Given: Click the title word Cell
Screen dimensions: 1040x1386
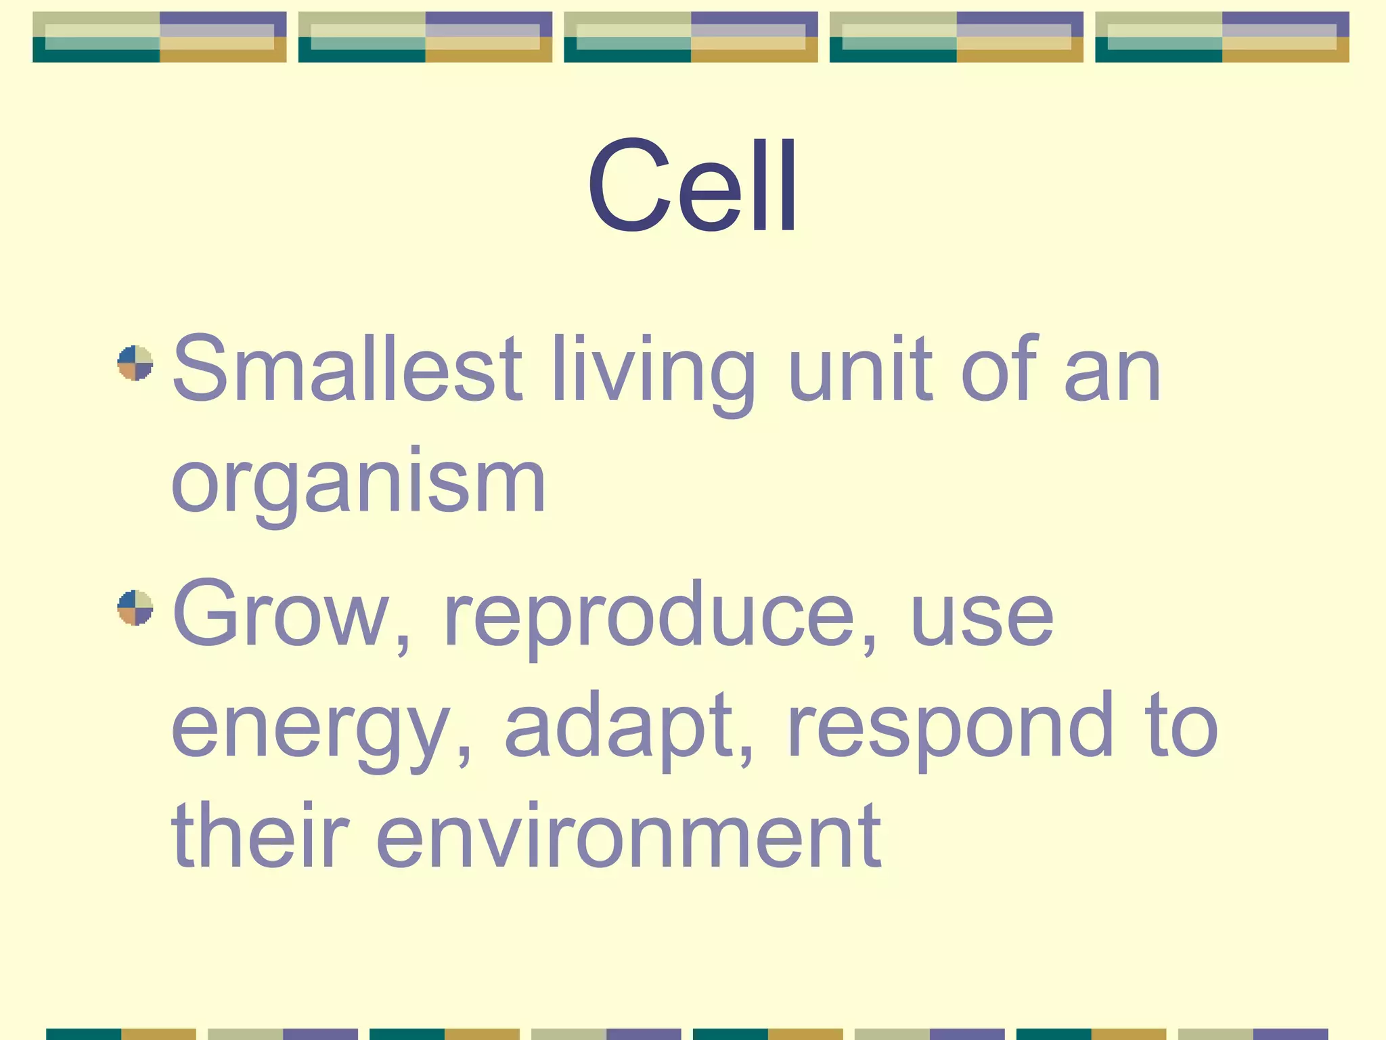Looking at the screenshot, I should click(x=692, y=184).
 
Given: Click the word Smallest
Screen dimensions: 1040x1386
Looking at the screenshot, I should click(x=347, y=370).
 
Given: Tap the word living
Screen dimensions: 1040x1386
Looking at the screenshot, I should click(x=653, y=374).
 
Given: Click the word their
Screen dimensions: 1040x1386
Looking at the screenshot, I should click(x=261, y=836).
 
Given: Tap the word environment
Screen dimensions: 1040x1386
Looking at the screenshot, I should click(x=629, y=837).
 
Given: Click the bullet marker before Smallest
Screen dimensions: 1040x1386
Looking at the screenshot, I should click(x=135, y=364).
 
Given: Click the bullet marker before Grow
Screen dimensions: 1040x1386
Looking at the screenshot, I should click(x=135, y=608).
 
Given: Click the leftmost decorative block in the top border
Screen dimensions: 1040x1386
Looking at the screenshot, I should click(x=160, y=37).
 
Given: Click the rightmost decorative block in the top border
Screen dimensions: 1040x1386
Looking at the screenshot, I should click(x=1222, y=37).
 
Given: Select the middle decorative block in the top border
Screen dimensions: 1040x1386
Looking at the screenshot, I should click(x=691, y=37).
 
